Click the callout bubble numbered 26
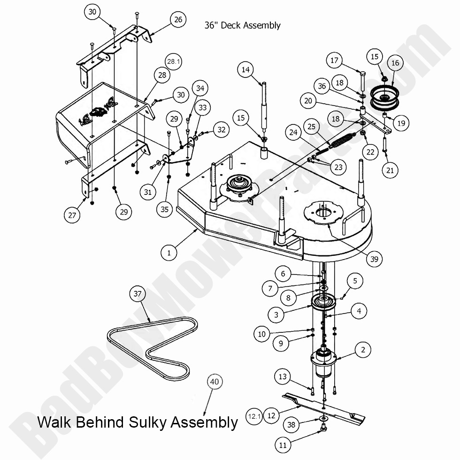coord(178,20)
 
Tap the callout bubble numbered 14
coord(245,70)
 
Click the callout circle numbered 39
coord(374,258)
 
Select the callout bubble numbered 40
coord(214,382)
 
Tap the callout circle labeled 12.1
coord(254,416)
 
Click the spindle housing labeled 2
coord(324,364)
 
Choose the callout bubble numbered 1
coord(169,253)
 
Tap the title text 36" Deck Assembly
coord(242,25)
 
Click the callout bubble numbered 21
coord(390,170)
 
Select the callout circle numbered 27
coord(72,215)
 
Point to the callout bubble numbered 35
coord(164,209)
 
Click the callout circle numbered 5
coord(355,281)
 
